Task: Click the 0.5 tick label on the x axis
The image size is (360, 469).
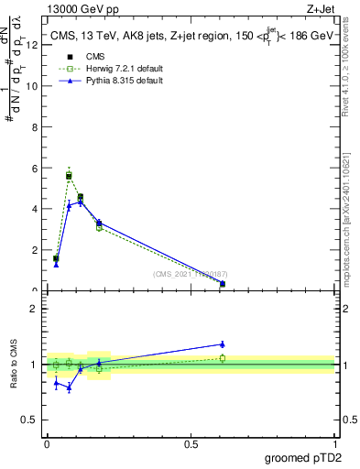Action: tap(191, 443)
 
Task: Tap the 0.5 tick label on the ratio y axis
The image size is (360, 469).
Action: tap(29, 421)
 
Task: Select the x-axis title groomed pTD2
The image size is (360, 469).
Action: tap(304, 457)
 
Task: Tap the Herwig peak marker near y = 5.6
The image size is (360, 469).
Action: tap(69, 174)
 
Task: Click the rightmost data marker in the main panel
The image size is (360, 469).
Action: tap(223, 284)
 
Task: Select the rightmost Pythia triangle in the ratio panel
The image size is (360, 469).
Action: tap(223, 344)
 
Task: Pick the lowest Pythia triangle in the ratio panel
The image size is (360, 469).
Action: tap(69, 387)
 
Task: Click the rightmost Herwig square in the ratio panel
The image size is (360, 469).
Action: tap(223, 358)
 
